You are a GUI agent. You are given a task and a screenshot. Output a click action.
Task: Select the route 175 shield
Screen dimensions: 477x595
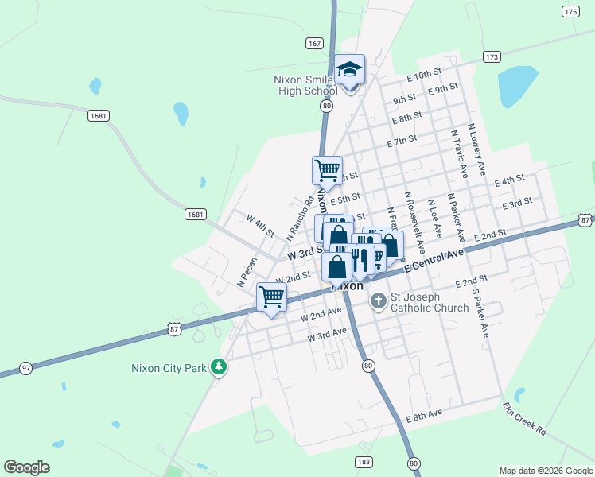[570, 11]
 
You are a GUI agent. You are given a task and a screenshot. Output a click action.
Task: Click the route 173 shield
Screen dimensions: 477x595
[492, 57]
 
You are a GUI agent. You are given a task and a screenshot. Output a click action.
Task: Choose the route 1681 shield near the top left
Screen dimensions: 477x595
[99, 116]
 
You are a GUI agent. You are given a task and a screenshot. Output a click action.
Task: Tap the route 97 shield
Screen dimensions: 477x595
[26, 367]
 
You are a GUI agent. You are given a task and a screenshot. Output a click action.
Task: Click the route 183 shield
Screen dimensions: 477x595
[364, 462]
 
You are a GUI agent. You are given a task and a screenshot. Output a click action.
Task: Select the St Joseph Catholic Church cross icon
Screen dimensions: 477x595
[379, 301]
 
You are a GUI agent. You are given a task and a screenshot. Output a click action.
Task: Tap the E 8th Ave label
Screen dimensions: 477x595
[423, 416]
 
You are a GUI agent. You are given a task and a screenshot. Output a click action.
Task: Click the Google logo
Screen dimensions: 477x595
[27, 467]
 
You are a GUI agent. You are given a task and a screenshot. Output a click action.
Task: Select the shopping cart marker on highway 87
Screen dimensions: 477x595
[271, 297]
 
